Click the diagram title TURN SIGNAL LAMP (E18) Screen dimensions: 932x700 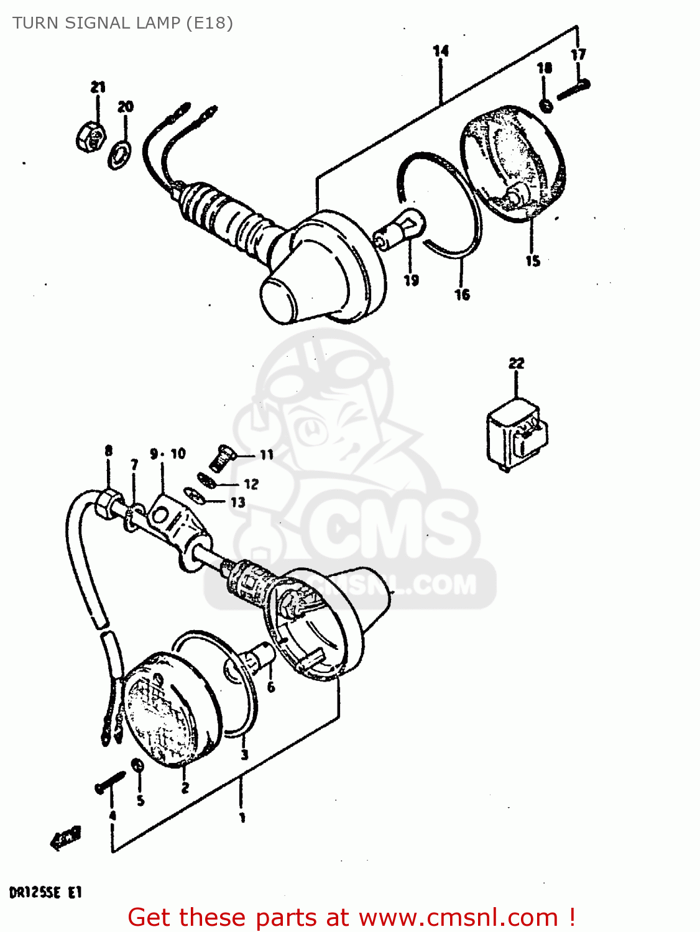(122, 23)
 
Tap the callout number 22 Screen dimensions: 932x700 (516, 363)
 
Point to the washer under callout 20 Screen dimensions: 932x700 (119, 155)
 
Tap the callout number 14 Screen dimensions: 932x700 (441, 51)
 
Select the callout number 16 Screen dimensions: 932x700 (462, 295)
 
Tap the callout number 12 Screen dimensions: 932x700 (251, 484)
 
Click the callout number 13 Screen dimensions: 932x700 (238, 502)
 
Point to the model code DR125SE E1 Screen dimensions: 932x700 (45, 893)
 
